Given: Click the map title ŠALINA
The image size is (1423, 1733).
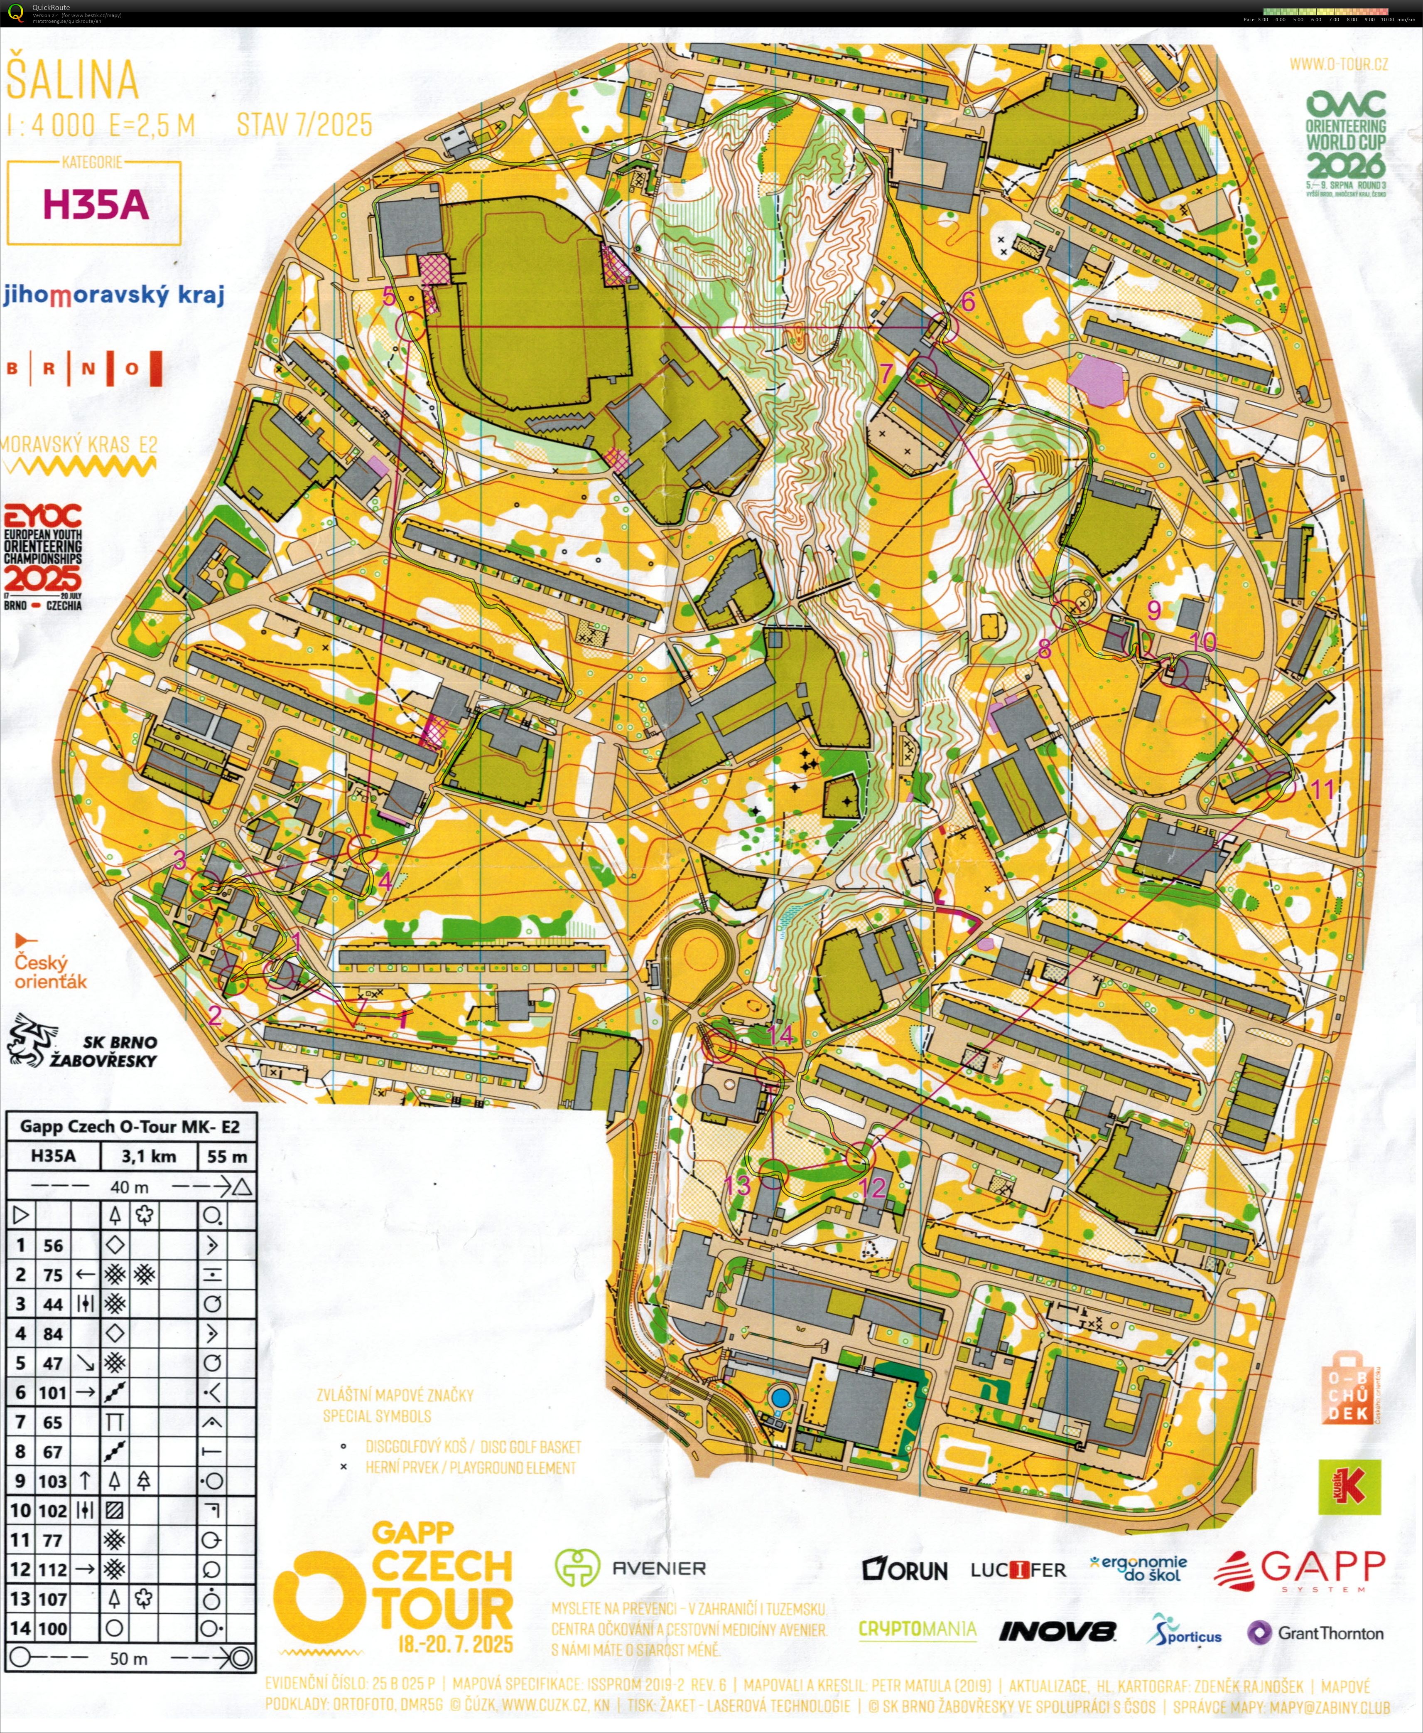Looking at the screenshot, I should [x=72, y=79].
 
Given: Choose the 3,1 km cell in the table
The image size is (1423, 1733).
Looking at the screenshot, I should [x=148, y=1157].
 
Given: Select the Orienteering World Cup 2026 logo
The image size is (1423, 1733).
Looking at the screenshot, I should [x=1346, y=139].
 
